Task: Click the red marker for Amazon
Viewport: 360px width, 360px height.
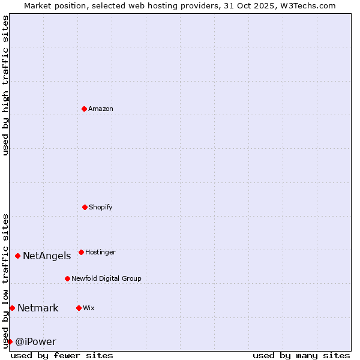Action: coord(84,109)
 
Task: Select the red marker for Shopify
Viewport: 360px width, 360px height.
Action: coord(85,207)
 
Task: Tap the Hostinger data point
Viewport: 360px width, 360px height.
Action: coord(81,252)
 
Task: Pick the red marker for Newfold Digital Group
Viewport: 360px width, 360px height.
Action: coord(67,278)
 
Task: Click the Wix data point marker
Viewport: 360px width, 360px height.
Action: coord(79,308)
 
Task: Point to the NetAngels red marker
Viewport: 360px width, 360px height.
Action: coord(17,256)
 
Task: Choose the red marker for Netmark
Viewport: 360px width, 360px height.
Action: coord(12,308)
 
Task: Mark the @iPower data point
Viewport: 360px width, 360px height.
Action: coord(10,341)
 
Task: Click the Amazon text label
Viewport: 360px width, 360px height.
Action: coord(101,109)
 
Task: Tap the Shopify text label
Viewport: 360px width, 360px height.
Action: coord(101,208)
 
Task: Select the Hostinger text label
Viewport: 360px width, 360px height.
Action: coord(100,253)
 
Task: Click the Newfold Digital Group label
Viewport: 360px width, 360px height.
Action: coord(106,279)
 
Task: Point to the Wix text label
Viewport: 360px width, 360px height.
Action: coord(89,308)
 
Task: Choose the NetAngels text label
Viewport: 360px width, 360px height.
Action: coord(47,256)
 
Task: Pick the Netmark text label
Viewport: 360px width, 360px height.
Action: coord(38,308)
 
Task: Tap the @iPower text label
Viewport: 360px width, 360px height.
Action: coord(35,342)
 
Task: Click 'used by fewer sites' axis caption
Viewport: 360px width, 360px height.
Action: coord(62,355)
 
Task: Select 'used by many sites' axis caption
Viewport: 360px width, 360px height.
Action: coord(301,355)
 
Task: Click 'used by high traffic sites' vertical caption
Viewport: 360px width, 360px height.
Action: coord(5,85)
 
